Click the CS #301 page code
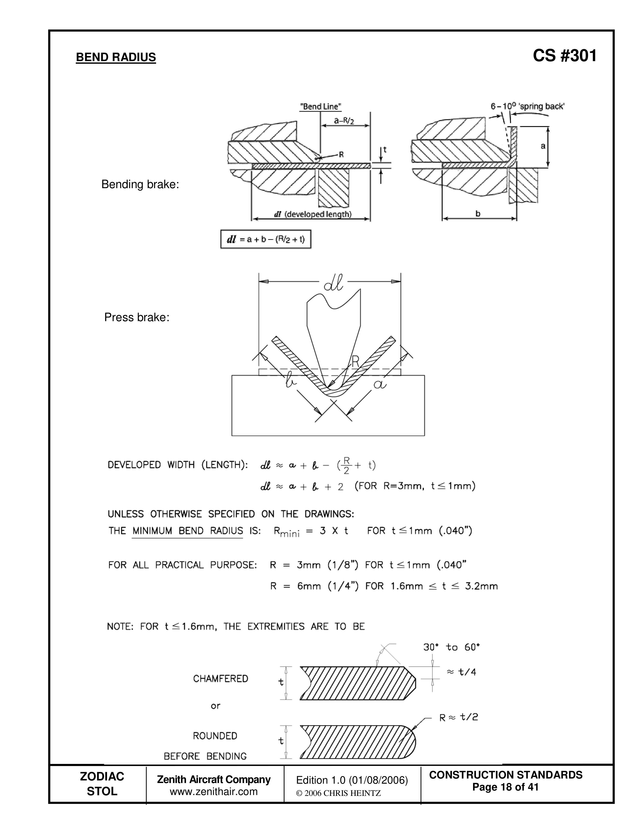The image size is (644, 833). (565, 56)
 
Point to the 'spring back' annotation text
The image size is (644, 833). (540, 106)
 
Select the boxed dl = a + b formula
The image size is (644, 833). (266, 239)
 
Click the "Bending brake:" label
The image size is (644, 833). (140, 185)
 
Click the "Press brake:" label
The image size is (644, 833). (137, 317)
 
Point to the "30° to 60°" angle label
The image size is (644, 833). (451, 647)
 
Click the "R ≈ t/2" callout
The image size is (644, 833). (459, 717)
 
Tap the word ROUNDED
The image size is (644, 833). (215, 736)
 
